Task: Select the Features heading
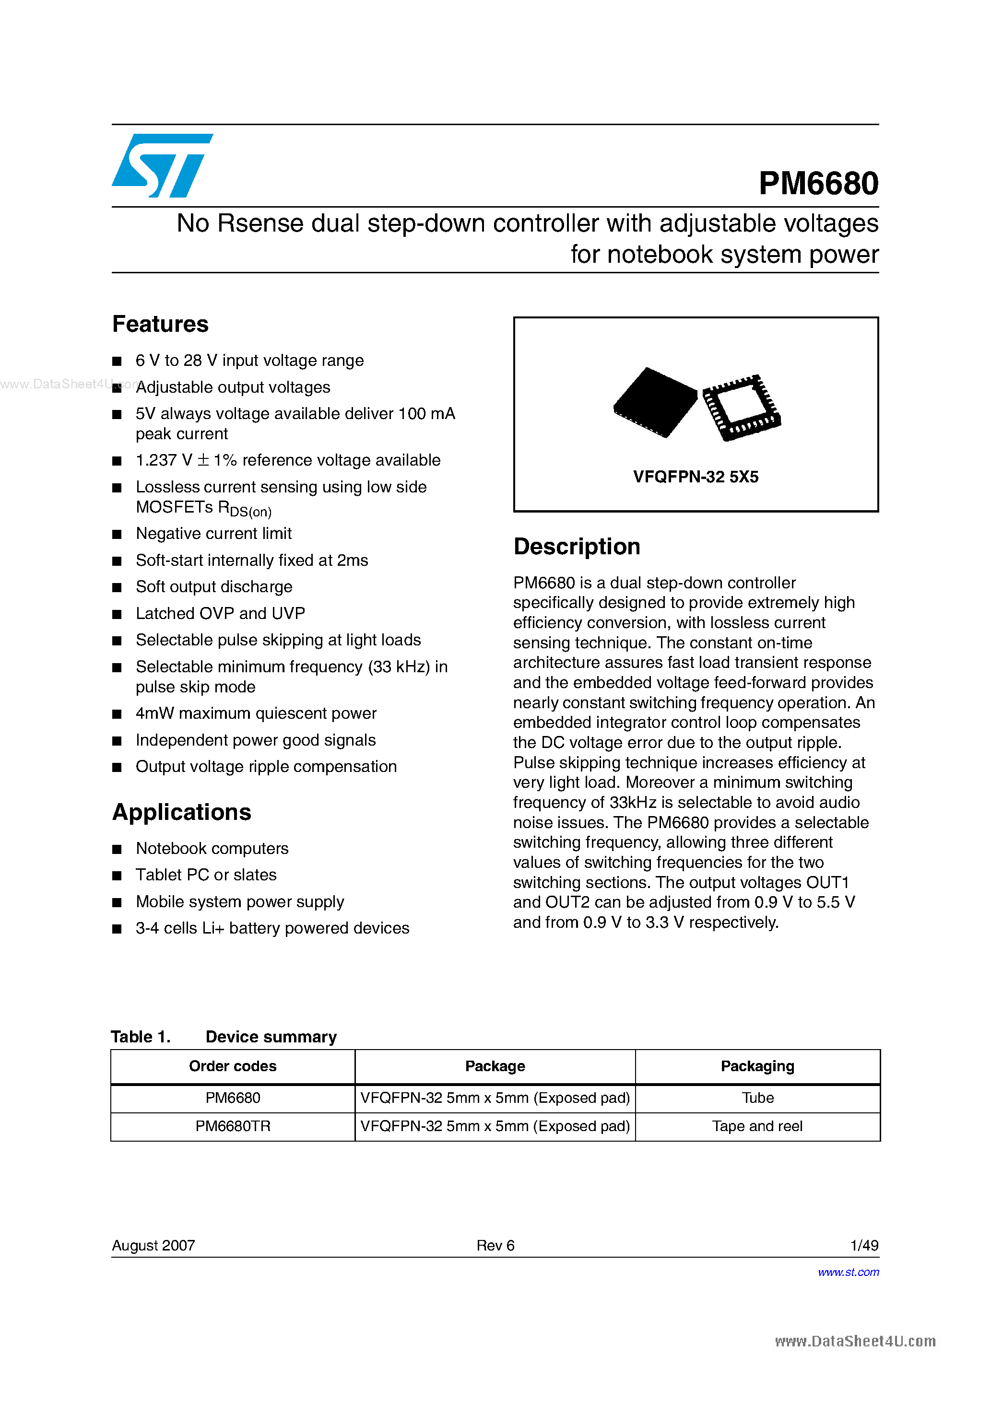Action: point(160,324)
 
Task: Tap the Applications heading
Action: point(181,812)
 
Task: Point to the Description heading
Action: point(576,547)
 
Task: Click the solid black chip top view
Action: point(655,402)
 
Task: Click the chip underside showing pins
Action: point(741,407)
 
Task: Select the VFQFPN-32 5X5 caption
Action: point(696,477)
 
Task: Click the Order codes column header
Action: point(232,1066)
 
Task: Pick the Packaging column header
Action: point(757,1066)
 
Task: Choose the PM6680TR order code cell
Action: point(232,1126)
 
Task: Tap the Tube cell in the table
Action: point(757,1098)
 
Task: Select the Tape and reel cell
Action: point(757,1126)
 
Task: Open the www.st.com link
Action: point(848,1272)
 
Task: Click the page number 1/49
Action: point(864,1245)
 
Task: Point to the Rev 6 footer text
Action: point(495,1245)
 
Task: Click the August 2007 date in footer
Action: point(153,1245)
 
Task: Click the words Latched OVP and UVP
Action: point(220,613)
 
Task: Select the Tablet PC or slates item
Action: point(206,875)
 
